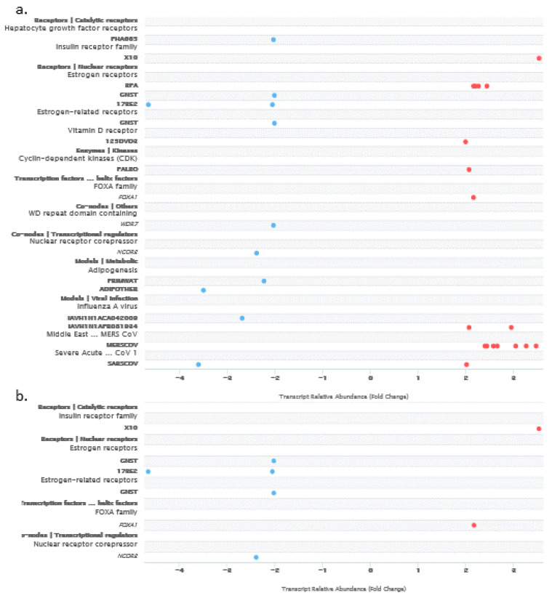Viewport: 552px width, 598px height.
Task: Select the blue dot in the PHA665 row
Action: pyautogui.click(x=273, y=39)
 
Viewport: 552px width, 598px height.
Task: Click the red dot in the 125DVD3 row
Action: pyautogui.click(x=465, y=142)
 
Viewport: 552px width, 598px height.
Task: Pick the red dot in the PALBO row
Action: pyautogui.click(x=469, y=169)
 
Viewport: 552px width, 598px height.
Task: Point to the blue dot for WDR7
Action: pyautogui.click(x=273, y=225)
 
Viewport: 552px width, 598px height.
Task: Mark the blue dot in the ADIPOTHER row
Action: pyautogui.click(x=204, y=290)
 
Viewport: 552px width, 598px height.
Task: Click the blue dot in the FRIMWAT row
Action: pyautogui.click(x=264, y=280)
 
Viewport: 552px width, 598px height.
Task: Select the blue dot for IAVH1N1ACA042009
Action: pyautogui.click(x=242, y=318)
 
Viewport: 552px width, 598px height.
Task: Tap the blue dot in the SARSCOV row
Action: pyautogui.click(x=198, y=364)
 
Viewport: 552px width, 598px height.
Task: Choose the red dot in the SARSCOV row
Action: pyautogui.click(x=466, y=364)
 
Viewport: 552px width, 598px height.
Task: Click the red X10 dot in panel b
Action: pyautogui.click(x=539, y=429)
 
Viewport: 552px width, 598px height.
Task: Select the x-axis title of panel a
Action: pyautogui.click(x=343, y=397)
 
